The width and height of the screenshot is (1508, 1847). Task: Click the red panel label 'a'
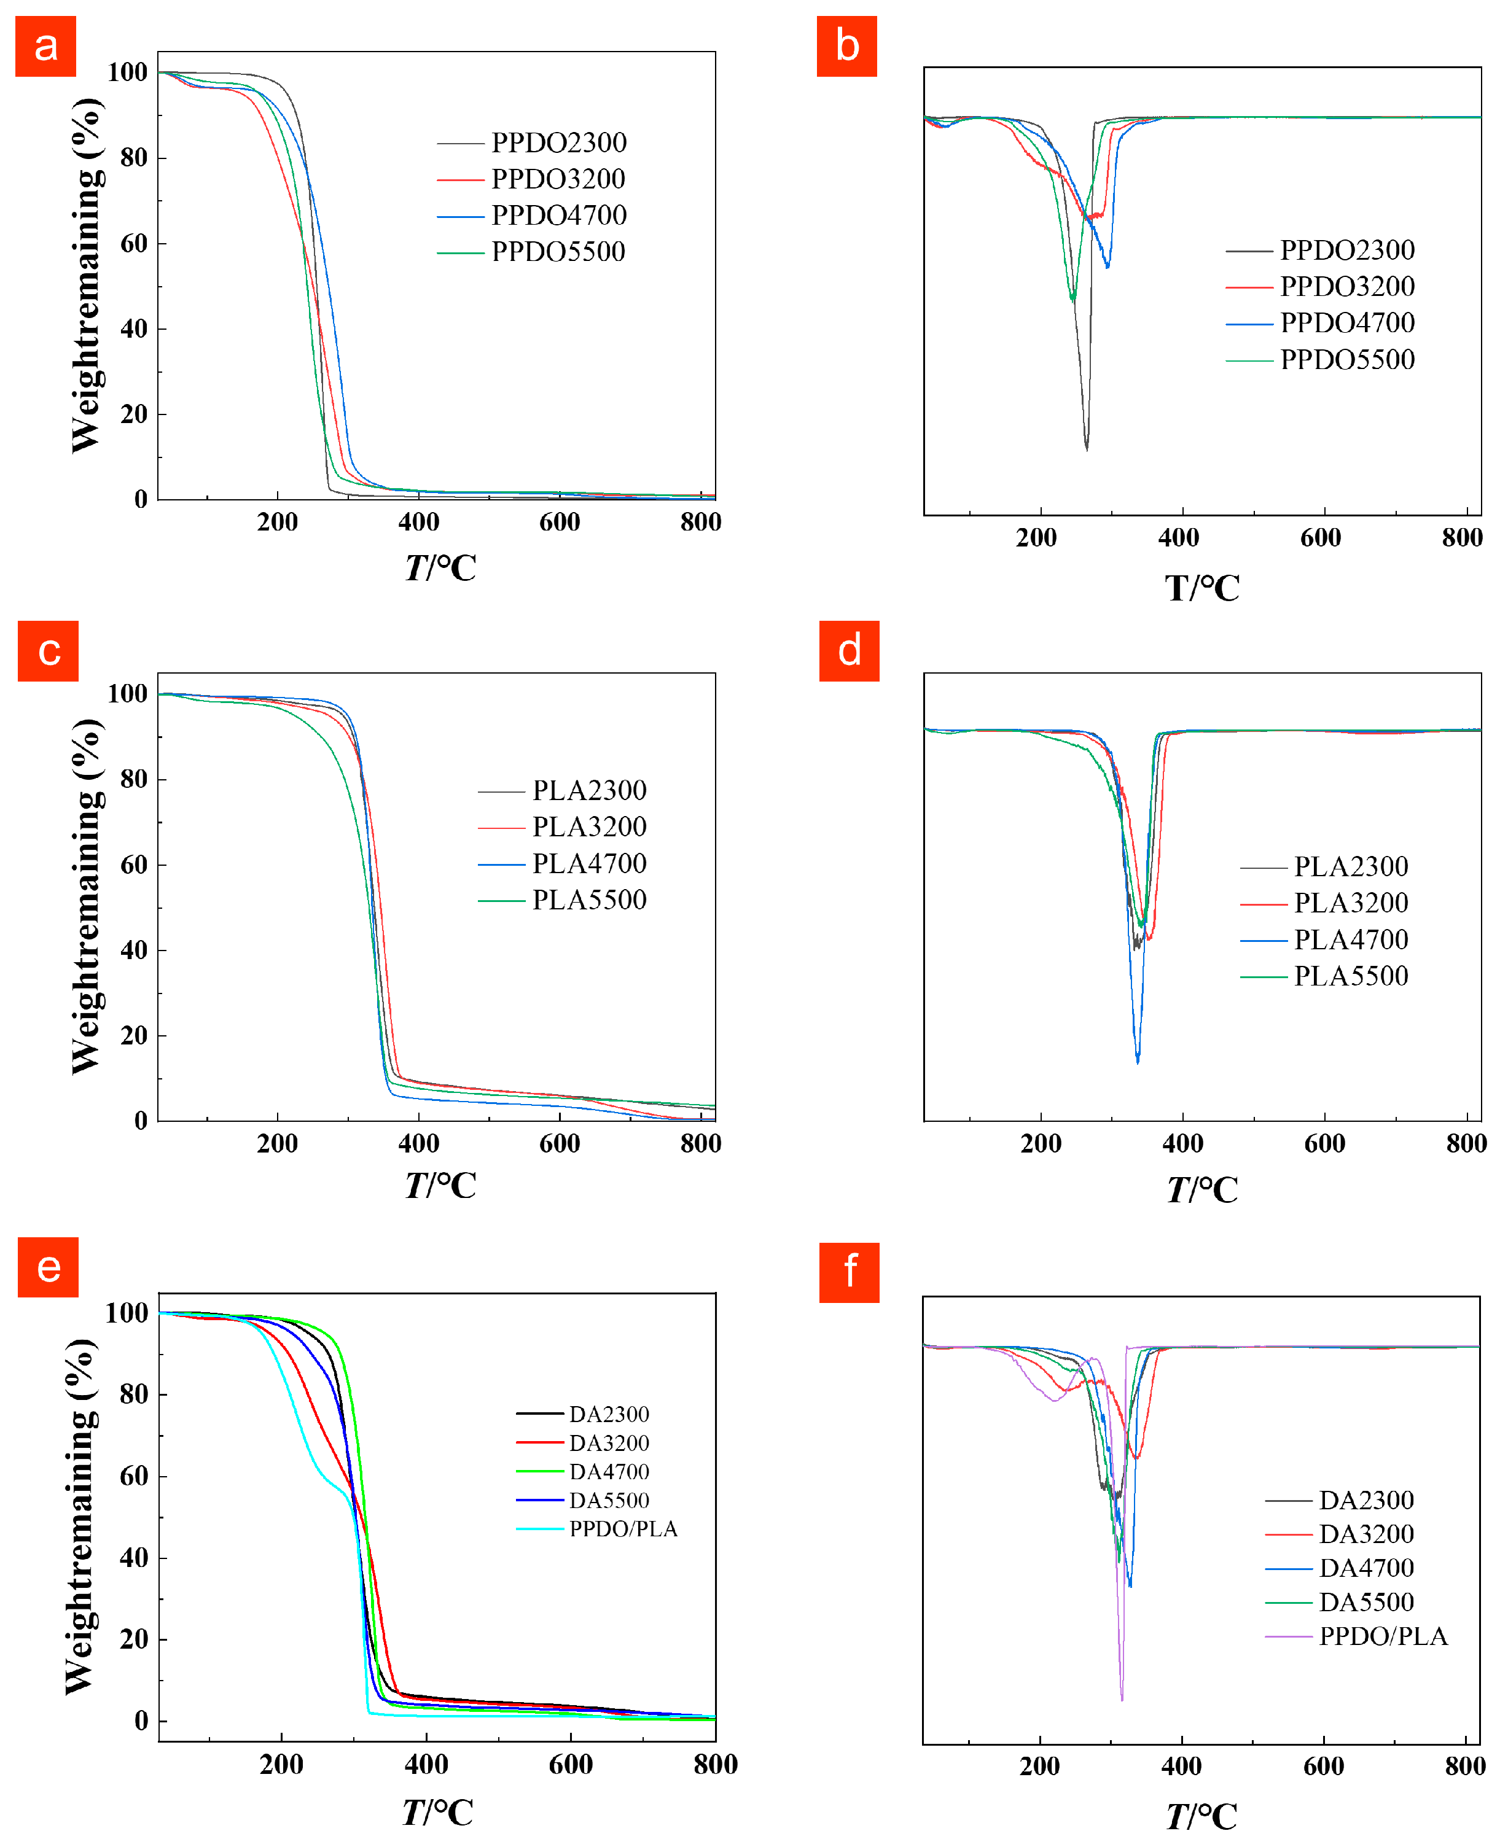pyautogui.click(x=45, y=46)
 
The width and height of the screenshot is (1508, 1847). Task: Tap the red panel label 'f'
pyautogui.click(x=849, y=1272)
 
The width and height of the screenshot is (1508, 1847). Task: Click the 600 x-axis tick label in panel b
pyautogui.click(x=1321, y=537)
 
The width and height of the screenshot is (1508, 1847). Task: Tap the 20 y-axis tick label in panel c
pyautogui.click(x=134, y=1035)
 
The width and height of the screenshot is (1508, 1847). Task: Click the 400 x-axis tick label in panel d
pyautogui.click(x=1182, y=1143)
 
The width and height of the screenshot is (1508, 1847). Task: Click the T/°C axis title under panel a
pyautogui.click(x=440, y=568)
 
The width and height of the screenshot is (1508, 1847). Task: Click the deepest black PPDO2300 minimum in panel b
pyautogui.click(x=1087, y=448)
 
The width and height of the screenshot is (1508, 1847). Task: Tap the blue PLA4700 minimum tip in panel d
pyautogui.click(x=1137, y=1061)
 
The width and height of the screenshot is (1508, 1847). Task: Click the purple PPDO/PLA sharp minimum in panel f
pyautogui.click(x=1122, y=1700)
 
